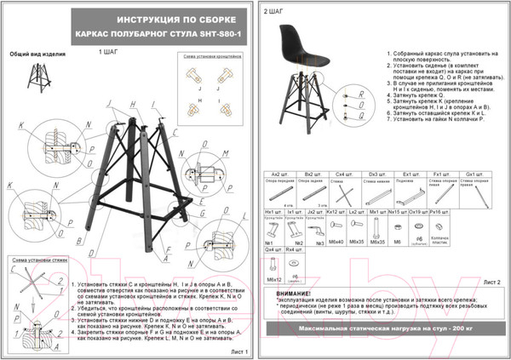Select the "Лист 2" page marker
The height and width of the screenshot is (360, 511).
point(491,279)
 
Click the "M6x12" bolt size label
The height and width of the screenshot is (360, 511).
point(273,278)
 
